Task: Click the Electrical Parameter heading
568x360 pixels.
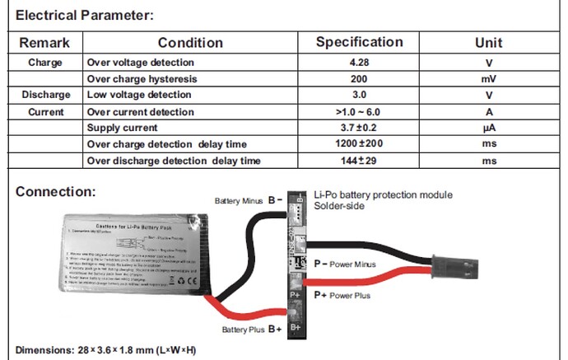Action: tap(85, 16)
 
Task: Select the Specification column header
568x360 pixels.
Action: tap(360, 42)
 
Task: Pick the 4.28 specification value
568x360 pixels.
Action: tap(360, 63)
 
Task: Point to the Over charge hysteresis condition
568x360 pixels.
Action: tap(139, 78)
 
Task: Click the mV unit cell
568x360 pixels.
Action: tap(489, 78)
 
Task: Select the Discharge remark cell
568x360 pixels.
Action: tap(45, 95)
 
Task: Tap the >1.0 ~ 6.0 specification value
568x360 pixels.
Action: tap(358, 111)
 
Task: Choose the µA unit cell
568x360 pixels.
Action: tap(489, 128)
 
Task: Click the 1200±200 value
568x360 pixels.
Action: tap(360, 144)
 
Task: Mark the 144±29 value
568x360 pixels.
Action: tap(360, 161)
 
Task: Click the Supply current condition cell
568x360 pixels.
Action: tap(123, 128)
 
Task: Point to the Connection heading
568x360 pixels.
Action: tap(56, 192)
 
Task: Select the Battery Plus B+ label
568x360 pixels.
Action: tap(252, 330)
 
